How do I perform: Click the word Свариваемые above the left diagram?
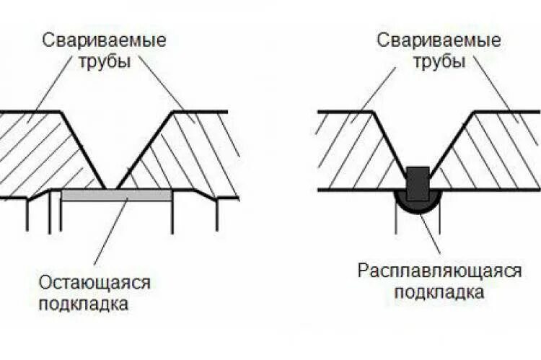tap(104, 40)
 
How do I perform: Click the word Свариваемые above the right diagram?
tap(439, 40)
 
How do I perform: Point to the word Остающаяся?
tap(96, 282)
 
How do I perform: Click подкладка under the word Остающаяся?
tap(84, 303)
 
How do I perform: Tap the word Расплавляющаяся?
tap(439, 271)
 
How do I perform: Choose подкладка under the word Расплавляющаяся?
tap(439, 292)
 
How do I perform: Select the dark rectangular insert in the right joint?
tap(418, 183)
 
